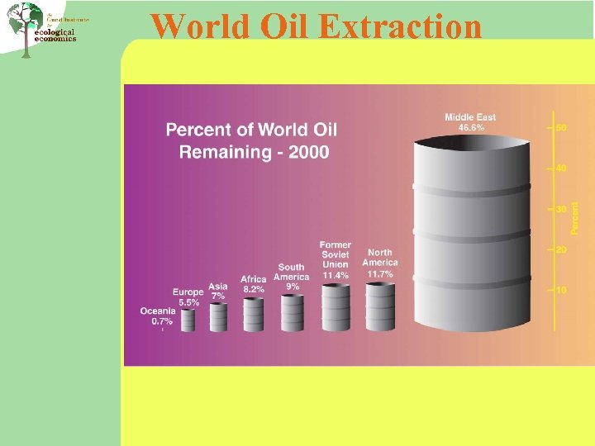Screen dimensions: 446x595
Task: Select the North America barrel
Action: [x=380, y=306]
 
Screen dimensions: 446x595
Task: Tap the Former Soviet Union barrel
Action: [x=336, y=307]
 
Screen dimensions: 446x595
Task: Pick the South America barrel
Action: [x=293, y=312]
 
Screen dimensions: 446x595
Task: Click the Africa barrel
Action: [x=253, y=315]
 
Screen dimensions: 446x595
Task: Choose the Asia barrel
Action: [x=218, y=317]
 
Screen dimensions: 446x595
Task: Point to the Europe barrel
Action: [x=188, y=320]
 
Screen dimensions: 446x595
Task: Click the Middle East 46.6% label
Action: [x=471, y=122]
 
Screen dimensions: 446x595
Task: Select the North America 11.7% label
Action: [x=380, y=263]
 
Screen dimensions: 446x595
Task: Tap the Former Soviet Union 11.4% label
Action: [x=336, y=259]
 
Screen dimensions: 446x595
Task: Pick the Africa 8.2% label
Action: [x=254, y=284]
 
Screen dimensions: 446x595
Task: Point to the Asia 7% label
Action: [x=218, y=291]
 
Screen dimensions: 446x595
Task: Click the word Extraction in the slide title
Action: [x=400, y=26]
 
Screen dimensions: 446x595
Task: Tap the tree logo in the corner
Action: [x=25, y=29]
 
